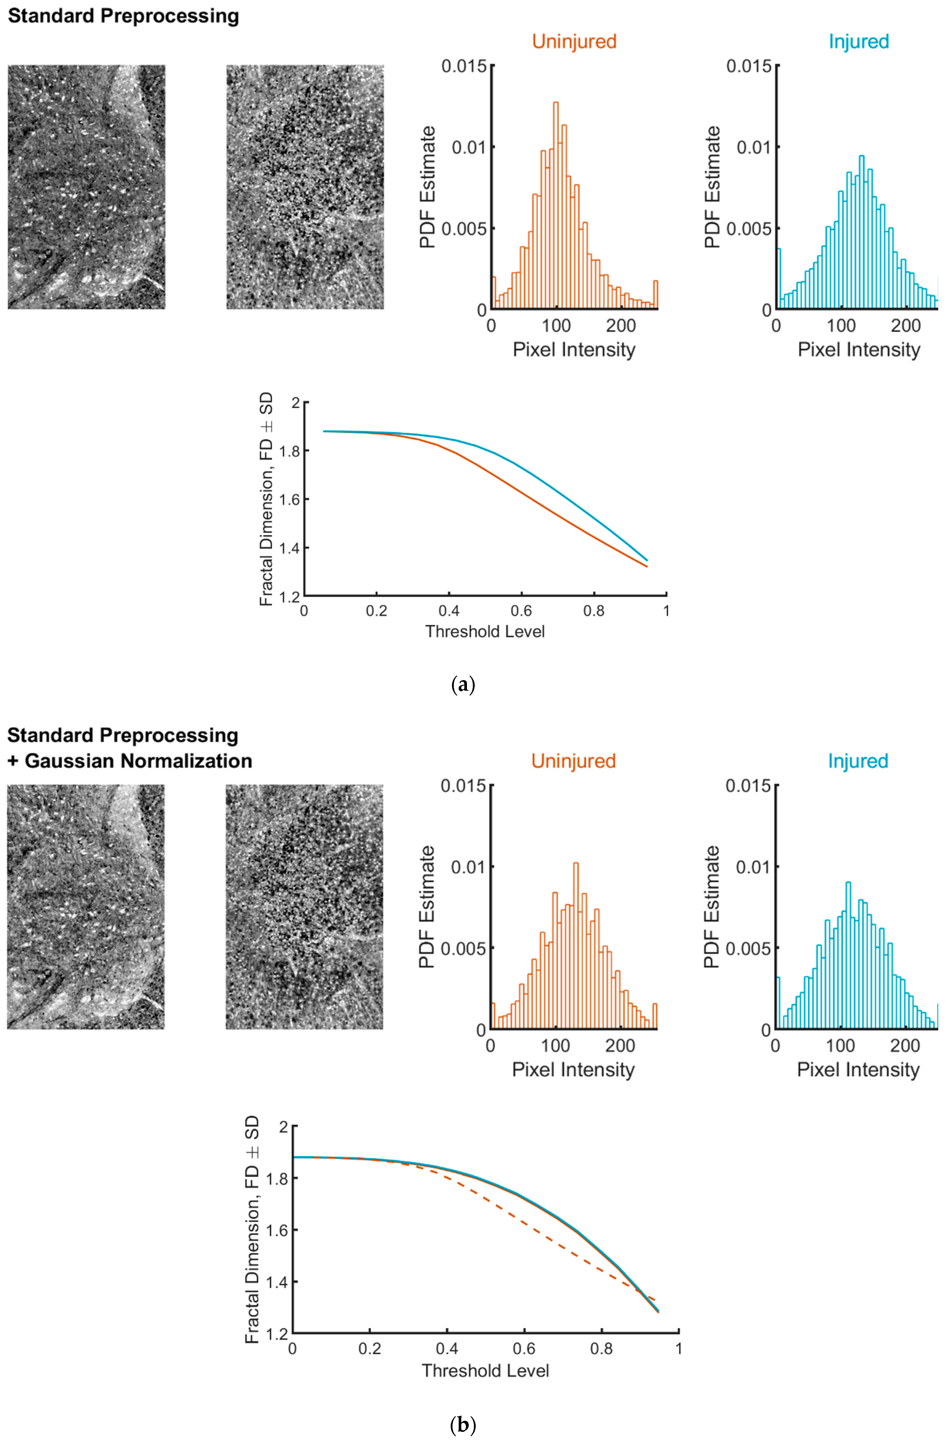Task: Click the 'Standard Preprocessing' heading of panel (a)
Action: coord(123,16)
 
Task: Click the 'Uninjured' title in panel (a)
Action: coord(574,41)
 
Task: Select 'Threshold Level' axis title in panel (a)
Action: coord(485,631)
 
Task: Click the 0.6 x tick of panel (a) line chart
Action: coord(521,611)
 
